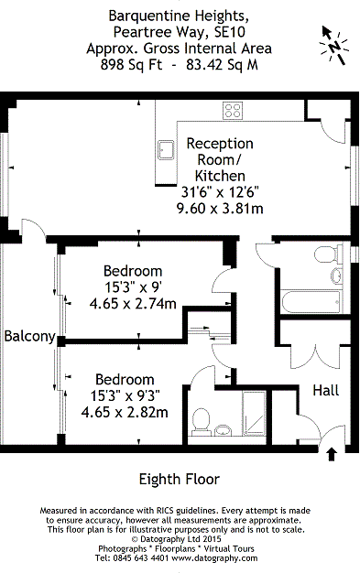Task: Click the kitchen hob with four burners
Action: [x=233, y=111]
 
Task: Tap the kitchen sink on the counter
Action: [x=166, y=150]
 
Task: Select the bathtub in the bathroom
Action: [x=311, y=302]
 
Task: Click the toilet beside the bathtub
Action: [x=328, y=254]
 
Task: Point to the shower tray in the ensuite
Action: [x=255, y=414]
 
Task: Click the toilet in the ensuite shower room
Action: [x=201, y=421]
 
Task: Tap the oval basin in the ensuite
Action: [x=223, y=430]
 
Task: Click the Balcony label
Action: [x=29, y=336]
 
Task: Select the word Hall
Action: [x=325, y=390]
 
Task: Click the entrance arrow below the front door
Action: [x=332, y=454]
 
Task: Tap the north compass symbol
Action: [x=333, y=46]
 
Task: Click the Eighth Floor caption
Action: [x=180, y=479]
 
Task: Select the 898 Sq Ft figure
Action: [x=132, y=65]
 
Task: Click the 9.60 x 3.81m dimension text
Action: [x=220, y=209]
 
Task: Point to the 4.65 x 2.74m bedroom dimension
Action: [x=133, y=303]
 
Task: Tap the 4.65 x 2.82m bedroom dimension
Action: [x=125, y=412]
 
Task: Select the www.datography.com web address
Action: [x=214, y=558]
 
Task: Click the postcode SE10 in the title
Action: [x=230, y=32]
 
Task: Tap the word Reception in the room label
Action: [x=220, y=144]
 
